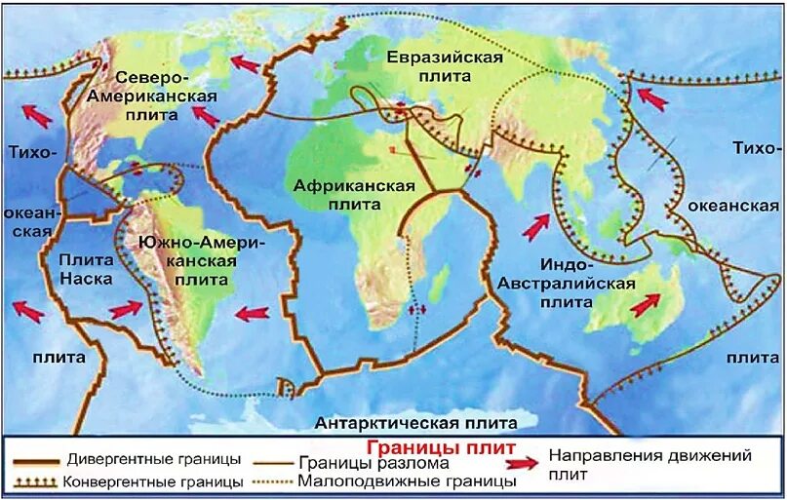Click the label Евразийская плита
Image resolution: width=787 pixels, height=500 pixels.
point(444,66)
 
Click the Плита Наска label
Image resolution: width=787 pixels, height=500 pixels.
point(86,269)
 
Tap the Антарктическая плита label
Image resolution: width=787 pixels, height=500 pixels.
point(415,422)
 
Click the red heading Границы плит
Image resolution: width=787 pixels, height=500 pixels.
point(441,445)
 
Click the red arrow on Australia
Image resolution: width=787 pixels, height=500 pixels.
point(645,305)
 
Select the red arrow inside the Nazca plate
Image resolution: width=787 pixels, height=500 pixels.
point(126,310)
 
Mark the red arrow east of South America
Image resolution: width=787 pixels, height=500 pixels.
point(252,313)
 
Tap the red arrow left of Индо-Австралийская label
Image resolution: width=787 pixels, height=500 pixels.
point(534,227)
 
